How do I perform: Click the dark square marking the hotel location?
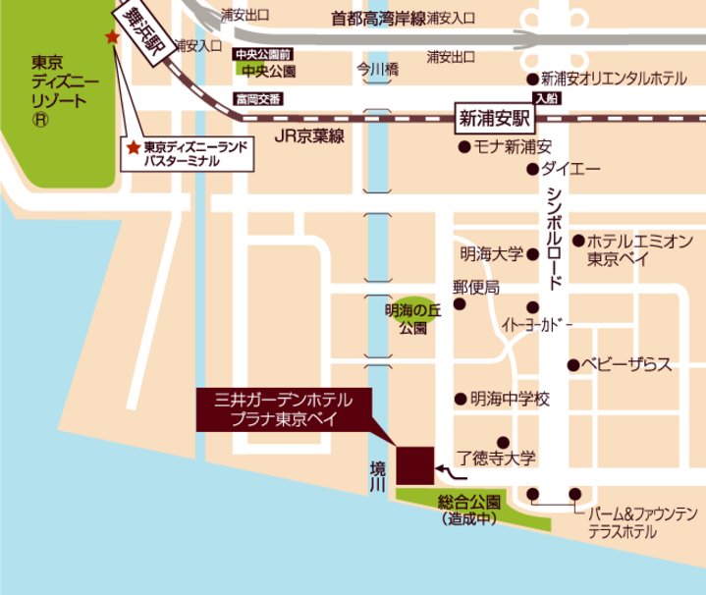point(415,464)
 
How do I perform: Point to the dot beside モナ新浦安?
point(462,147)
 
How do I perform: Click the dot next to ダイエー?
point(531,169)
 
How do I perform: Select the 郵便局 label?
point(475,287)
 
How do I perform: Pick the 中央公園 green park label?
point(265,72)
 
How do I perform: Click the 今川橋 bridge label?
point(377,70)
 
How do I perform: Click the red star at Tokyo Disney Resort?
point(112,37)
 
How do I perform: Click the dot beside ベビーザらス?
point(571,364)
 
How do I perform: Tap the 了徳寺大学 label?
point(499,458)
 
